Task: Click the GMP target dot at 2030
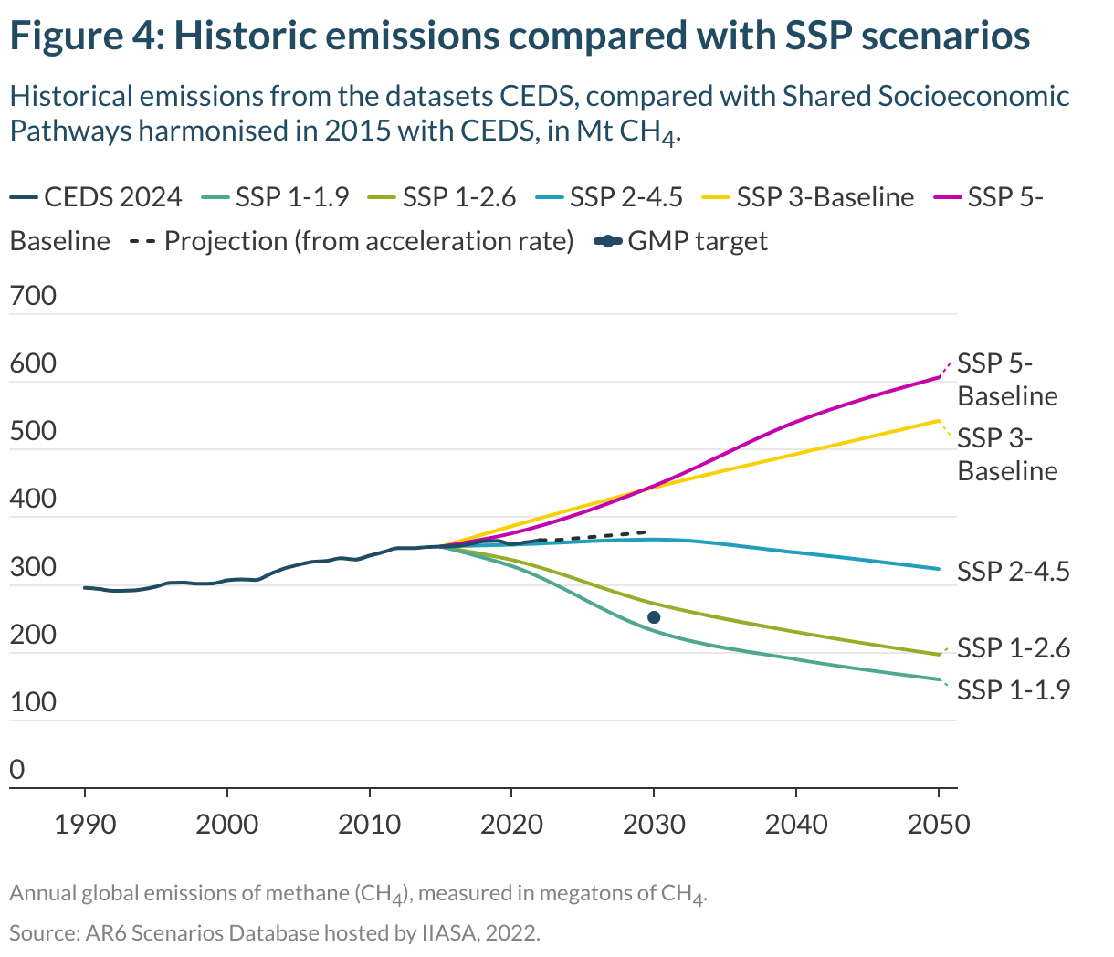coord(654,617)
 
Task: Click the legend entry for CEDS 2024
coord(96,197)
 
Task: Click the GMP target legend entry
coord(681,241)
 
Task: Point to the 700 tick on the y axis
coord(33,296)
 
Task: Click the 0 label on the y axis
coord(17,770)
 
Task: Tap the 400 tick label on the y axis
coord(33,500)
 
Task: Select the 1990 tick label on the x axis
coord(85,825)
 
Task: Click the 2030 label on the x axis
coord(654,825)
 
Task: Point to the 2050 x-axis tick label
coord(939,825)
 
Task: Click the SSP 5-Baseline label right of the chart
coord(1006,379)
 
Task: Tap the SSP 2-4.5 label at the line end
coord(1013,572)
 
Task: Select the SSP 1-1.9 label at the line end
coord(1013,689)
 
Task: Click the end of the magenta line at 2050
coord(939,377)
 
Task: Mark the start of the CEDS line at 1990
coord(85,587)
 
